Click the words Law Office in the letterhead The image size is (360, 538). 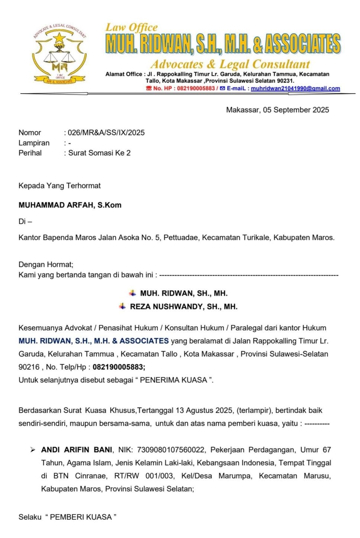[x=132, y=27]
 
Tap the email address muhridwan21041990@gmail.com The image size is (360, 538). [x=295, y=88]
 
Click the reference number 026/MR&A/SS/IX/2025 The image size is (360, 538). [x=106, y=133]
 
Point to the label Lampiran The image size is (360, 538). [x=34, y=143]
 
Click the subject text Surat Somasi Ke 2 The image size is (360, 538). [x=99, y=153]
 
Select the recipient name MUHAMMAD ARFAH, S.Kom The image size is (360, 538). [x=70, y=205]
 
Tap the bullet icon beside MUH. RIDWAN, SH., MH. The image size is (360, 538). [x=133, y=293]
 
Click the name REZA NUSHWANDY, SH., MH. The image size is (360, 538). [x=184, y=307]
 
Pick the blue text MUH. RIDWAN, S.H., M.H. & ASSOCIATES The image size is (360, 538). [x=94, y=341]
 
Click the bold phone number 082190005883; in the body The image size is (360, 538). [x=119, y=367]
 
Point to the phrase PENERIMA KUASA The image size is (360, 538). [x=173, y=380]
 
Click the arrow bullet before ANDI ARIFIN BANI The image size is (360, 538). [x=33, y=450]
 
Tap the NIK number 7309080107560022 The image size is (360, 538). [x=171, y=450]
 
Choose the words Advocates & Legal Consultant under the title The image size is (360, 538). [x=230, y=64]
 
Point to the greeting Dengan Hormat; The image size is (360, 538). [x=46, y=264]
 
